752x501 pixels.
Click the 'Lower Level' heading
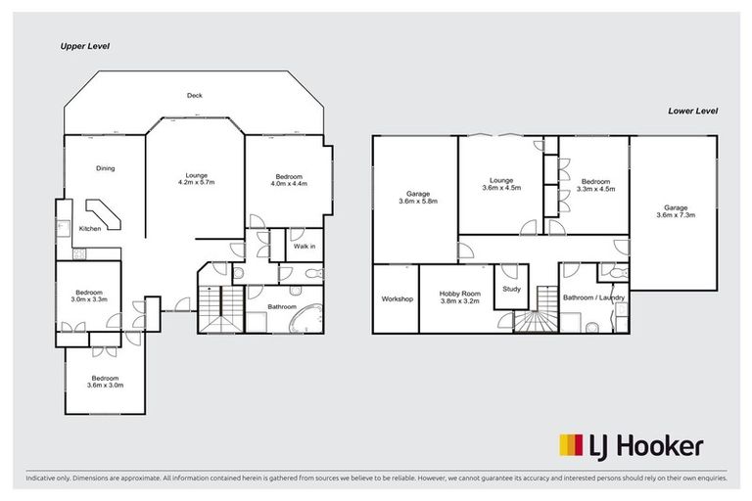pos(693,112)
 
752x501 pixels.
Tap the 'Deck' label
pos(195,95)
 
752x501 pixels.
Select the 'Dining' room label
pos(105,168)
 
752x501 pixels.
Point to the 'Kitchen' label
pos(90,229)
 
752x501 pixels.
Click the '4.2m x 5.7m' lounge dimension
pos(196,183)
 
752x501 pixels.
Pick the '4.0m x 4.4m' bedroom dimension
pos(289,183)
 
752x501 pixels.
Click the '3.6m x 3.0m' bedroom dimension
pos(105,385)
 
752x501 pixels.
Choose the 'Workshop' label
pos(397,298)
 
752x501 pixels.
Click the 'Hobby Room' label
pos(458,293)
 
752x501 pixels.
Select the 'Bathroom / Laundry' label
pos(588,297)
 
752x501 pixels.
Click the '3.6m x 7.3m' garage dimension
pos(676,214)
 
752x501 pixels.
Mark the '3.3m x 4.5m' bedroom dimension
pos(595,189)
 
